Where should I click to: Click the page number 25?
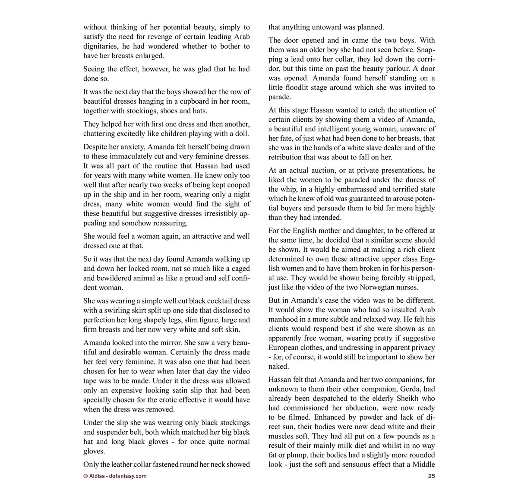(431, 476)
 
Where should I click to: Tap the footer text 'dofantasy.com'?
(128, 476)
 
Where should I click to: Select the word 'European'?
(288, 348)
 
